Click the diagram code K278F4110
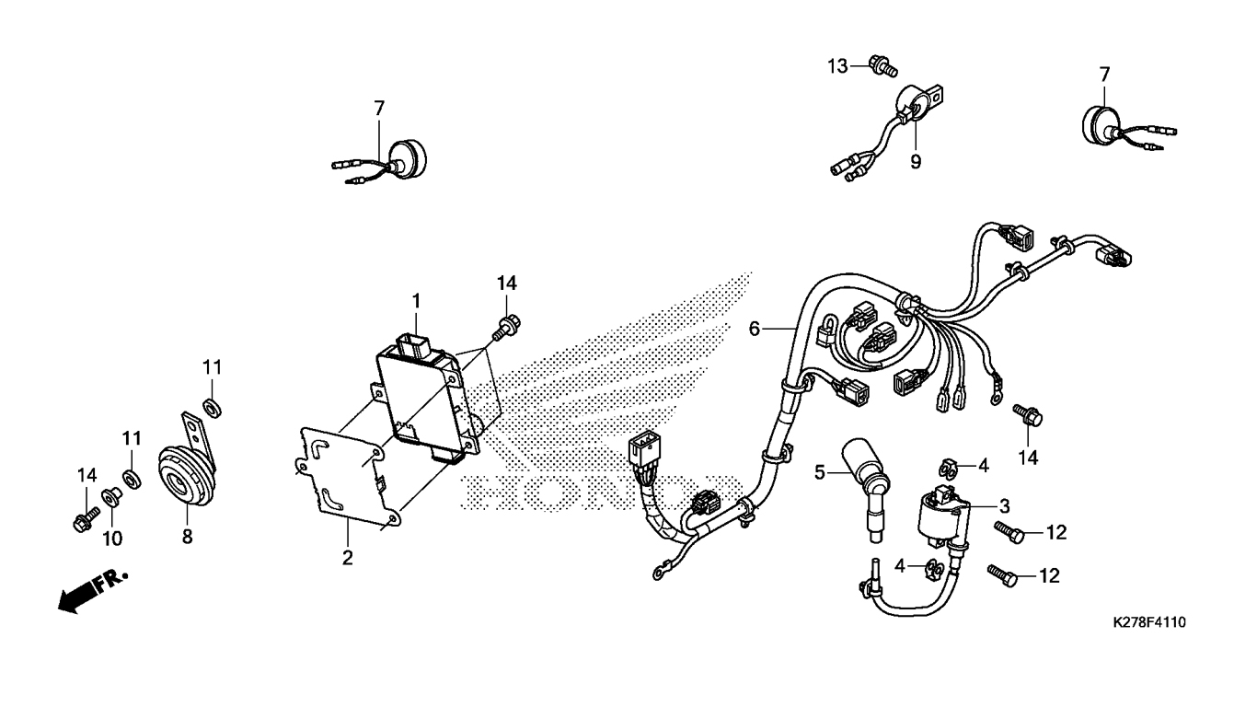click(1149, 622)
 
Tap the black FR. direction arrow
click(93, 592)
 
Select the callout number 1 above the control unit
click(416, 301)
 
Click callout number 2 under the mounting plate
click(347, 558)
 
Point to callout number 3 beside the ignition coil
click(1005, 506)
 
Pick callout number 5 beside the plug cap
click(820, 472)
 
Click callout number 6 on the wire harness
click(754, 329)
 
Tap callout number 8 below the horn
click(187, 537)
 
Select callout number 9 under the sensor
click(916, 162)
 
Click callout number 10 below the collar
click(112, 539)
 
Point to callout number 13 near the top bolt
click(837, 66)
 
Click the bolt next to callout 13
click(882, 65)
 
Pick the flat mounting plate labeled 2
click(348, 477)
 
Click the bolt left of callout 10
click(86, 519)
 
